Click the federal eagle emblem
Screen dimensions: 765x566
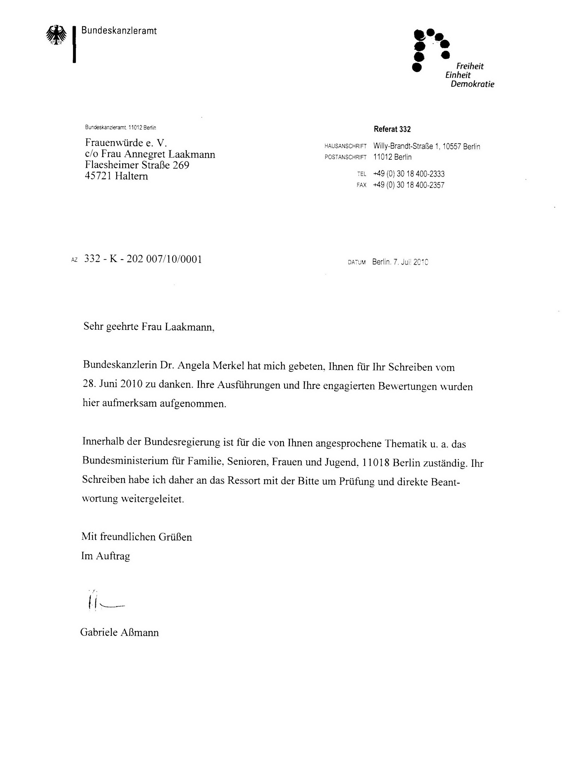pos(57,35)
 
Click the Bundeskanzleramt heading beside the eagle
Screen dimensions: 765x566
pos(119,31)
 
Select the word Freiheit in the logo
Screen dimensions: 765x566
pos(470,66)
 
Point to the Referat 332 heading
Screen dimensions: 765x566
pos(392,129)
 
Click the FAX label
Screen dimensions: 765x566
pos(361,185)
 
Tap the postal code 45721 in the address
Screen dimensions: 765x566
pos(98,176)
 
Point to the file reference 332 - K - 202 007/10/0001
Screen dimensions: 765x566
pos(143,259)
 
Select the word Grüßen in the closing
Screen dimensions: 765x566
pos(175,537)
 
